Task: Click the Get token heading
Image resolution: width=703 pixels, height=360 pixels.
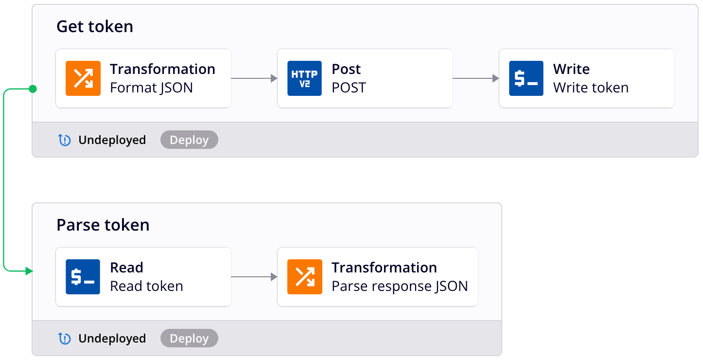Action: [x=95, y=26]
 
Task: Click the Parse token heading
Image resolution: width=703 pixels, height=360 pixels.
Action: [x=103, y=225]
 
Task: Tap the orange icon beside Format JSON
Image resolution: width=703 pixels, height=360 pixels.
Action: [x=83, y=78]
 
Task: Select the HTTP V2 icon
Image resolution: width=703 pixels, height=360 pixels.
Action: [x=304, y=78]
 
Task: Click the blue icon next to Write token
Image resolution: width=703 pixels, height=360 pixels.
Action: [x=526, y=78]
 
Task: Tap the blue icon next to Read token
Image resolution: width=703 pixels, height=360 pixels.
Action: [x=83, y=277]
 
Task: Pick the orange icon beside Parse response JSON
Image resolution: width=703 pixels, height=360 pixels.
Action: [x=304, y=277]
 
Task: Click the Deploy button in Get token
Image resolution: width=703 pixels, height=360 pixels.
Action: [x=189, y=140]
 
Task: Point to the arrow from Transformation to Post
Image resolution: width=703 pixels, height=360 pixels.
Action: [x=254, y=78]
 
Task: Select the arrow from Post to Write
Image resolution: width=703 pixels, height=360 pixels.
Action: [x=475, y=78]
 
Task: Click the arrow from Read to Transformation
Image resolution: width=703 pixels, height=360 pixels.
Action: [x=254, y=277]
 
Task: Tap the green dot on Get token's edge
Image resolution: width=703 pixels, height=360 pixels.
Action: [x=33, y=89]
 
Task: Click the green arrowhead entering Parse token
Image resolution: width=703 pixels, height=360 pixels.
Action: [x=29, y=271]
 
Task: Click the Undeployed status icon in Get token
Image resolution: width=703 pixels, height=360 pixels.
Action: [x=65, y=140]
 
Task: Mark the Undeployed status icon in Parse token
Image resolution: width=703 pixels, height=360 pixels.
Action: [x=65, y=339]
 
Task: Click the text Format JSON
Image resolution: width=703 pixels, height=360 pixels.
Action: [x=151, y=88]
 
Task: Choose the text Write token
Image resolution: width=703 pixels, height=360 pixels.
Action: [x=591, y=88]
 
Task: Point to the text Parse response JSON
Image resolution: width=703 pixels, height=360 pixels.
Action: [x=400, y=286]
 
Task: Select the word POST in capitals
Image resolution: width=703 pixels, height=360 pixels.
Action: [x=349, y=88]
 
